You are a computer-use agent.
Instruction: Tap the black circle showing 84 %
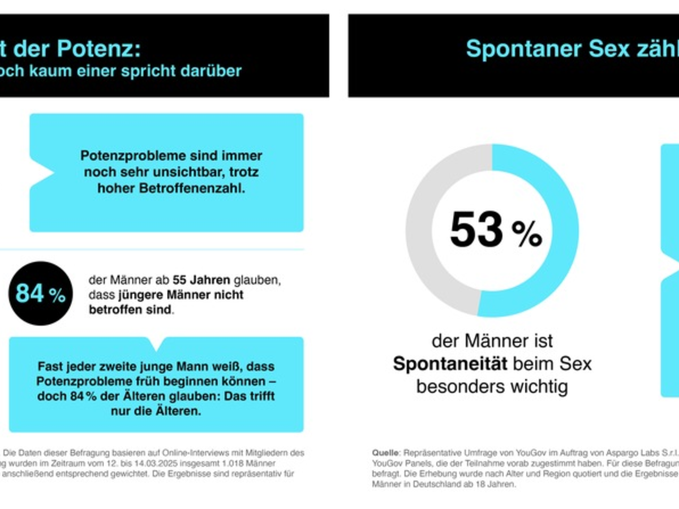tap(40, 294)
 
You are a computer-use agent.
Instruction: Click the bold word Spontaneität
tap(450, 364)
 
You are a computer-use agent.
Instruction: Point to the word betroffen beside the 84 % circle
tap(115, 310)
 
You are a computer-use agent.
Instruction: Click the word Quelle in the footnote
tap(385, 453)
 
